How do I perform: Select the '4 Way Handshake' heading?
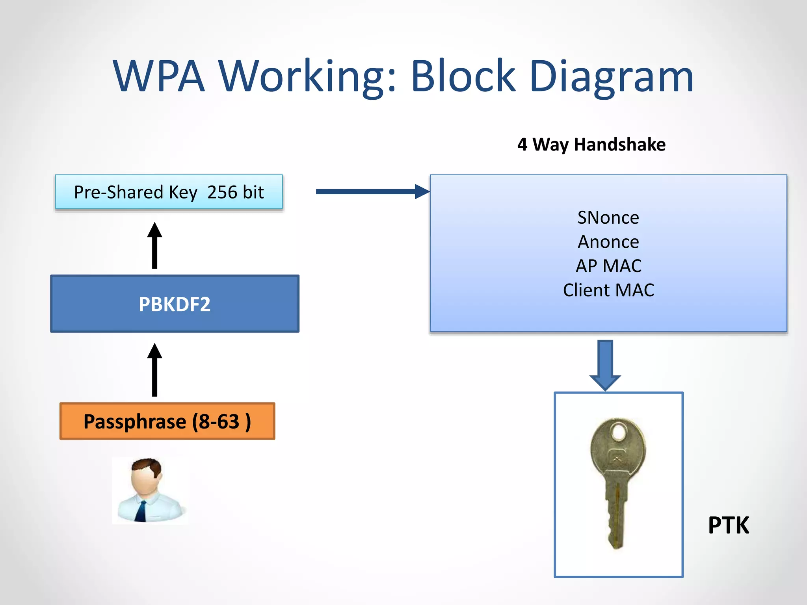point(591,145)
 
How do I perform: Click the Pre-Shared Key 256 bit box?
point(169,192)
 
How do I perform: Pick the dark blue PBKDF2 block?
point(175,304)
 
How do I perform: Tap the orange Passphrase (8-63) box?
point(167,421)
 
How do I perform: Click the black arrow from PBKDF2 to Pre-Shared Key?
point(154,246)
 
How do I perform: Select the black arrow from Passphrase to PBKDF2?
point(154,370)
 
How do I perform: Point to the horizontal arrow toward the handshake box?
point(370,192)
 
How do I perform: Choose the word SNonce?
point(608,217)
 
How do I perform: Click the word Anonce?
point(608,241)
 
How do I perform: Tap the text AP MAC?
point(608,266)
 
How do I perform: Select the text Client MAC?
point(608,290)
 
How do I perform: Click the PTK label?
point(728,525)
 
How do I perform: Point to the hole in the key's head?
point(619,432)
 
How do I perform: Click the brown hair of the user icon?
point(148,465)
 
